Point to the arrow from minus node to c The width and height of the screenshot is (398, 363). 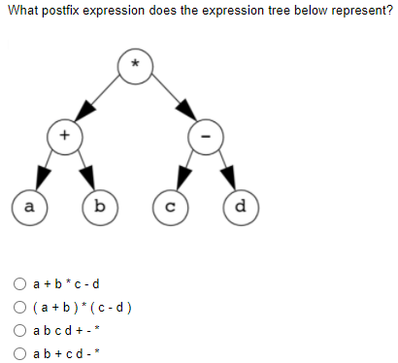click(x=187, y=170)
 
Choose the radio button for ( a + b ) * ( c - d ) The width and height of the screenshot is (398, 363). click(x=19, y=309)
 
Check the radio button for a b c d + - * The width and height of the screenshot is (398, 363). click(x=19, y=332)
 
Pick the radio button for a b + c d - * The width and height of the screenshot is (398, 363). click(x=19, y=354)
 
